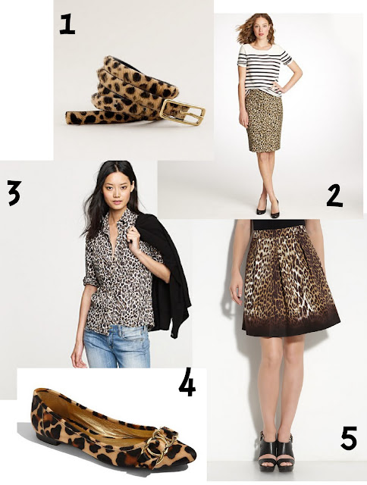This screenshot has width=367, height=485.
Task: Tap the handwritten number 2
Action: click(334, 196)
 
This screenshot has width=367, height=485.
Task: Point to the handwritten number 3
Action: click(14, 193)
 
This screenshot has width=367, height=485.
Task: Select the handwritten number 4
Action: click(187, 383)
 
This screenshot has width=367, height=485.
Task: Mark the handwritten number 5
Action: click(349, 438)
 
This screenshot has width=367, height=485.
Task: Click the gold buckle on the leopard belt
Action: click(183, 112)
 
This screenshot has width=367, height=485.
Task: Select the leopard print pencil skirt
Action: click(264, 120)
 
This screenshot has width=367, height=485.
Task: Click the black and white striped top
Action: click(264, 69)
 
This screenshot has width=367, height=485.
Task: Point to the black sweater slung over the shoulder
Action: click(167, 272)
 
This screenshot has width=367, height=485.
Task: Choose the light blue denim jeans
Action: click(117, 346)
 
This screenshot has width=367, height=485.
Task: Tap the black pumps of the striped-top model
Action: click(268, 208)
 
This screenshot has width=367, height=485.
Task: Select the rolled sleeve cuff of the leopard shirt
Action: click(90, 280)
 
